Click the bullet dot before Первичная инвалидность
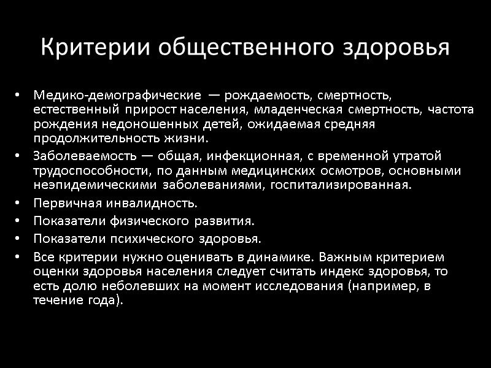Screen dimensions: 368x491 [19, 204]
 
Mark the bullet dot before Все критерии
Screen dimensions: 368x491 [19, 256]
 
